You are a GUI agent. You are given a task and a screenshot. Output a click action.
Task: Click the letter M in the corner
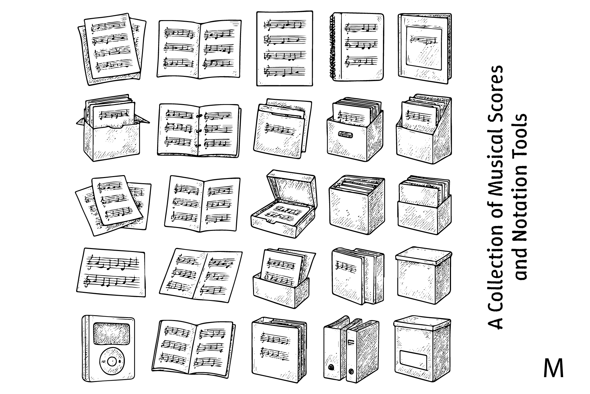pyautogui.click(x=553, y=368)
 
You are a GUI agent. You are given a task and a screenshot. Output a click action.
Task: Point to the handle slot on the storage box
pyautogui.click(x=346, y=134)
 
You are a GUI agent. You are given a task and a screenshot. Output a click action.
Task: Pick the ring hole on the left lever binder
pyautogui.click(x=331, y=367)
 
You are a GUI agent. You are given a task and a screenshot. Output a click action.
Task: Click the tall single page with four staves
pyautogui.click(x=284, y=49)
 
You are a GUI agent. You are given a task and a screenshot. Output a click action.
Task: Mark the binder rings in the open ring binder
pyautogui.click(x=198, y=131)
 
